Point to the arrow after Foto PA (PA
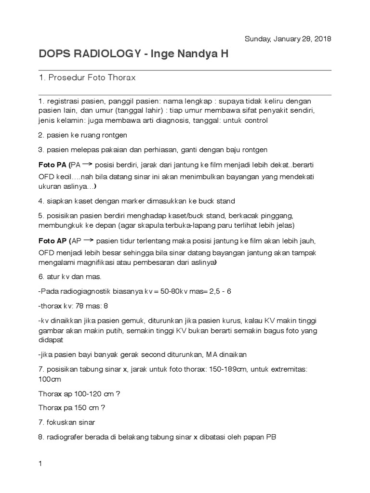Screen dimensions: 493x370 (x=88, y=164)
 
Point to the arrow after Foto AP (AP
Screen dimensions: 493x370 (x=88, y=240)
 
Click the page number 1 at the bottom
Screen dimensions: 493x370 (x=40, y=450)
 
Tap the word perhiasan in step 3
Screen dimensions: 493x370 (x=163, y=150)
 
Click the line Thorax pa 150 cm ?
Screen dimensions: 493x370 (x=72, y=408)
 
